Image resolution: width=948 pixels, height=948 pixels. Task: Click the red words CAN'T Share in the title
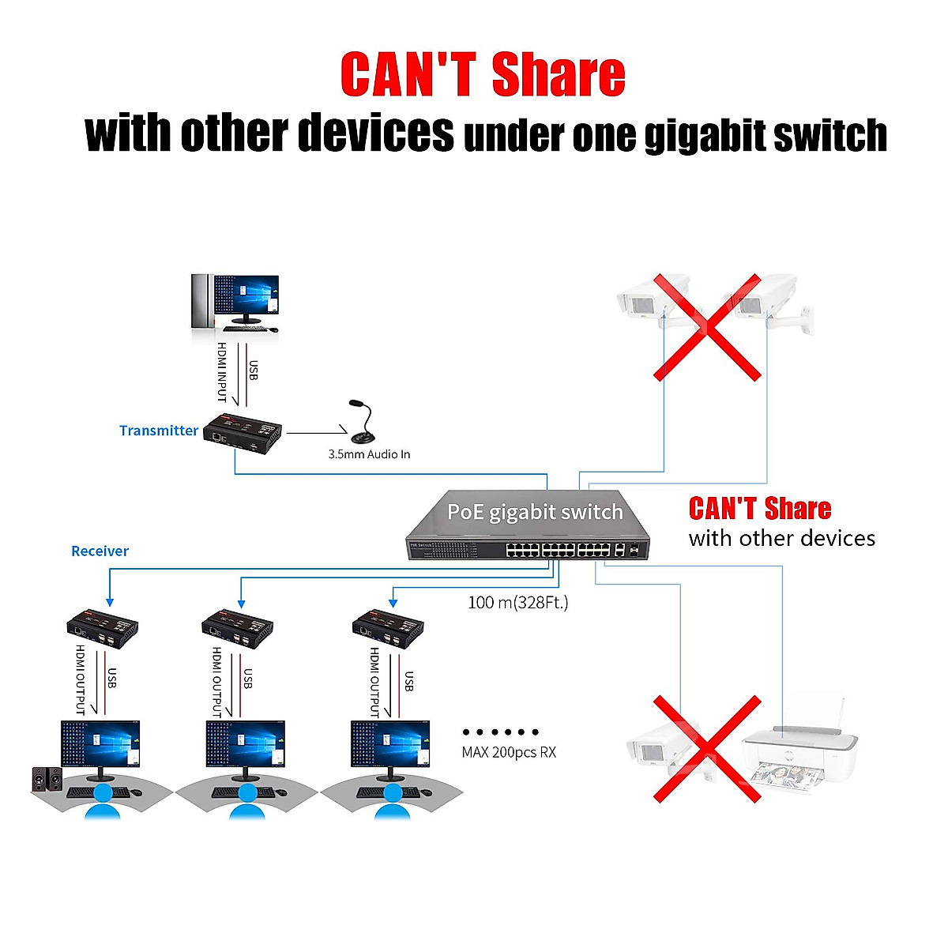(482, 75)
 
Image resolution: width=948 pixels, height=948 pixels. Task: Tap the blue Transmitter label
(159, 431)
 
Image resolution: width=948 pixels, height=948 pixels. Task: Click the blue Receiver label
(100, 551)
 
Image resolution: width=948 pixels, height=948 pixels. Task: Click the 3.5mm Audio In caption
(369, 454)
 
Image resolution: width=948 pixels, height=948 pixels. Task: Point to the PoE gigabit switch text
(535, 512)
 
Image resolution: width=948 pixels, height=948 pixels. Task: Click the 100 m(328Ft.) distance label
(517, 602)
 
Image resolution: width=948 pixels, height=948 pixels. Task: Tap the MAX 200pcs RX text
(509, 752)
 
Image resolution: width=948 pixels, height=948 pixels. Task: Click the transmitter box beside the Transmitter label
(243, 431)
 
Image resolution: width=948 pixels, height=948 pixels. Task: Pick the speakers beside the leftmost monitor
(46, 779)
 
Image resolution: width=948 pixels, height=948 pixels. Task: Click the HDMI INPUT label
(222, 371)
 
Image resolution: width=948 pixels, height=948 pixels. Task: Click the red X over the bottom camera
(706, 748)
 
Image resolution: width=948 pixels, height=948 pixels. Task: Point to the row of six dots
(501, 732)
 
